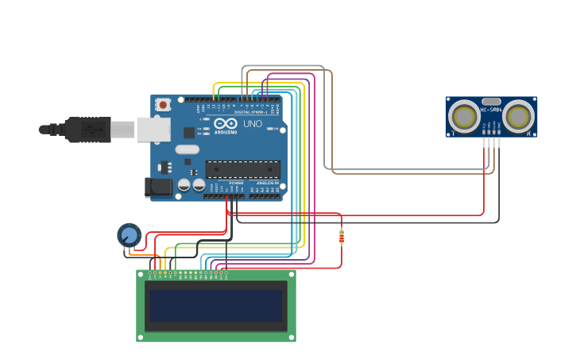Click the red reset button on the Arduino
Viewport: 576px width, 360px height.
coord(163,104)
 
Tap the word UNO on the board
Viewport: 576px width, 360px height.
coord(252,124)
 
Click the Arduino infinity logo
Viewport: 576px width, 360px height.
coord(225,123)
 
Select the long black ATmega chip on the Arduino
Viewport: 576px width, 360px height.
coord(242,168)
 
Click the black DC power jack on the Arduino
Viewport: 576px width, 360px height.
coord(157,187)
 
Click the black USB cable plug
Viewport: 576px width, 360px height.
coord(87,130)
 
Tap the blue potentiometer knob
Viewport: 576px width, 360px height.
coord(129,235)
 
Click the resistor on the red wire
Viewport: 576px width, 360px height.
coord(342,236)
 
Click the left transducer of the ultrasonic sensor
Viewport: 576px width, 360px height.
coord(464,117)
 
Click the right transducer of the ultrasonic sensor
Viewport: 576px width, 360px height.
coord(518,117)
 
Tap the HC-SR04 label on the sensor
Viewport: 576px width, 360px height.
coord(491,110)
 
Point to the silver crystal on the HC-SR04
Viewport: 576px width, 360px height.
coord(491,101)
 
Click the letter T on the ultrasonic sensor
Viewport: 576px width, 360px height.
coord(453,133)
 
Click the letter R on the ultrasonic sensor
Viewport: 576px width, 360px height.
coord(531,133)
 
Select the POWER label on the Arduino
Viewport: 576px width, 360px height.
coord(236,183)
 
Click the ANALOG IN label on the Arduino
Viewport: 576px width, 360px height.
coord(266,183)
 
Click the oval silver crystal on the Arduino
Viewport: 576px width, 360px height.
coord(187,149)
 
